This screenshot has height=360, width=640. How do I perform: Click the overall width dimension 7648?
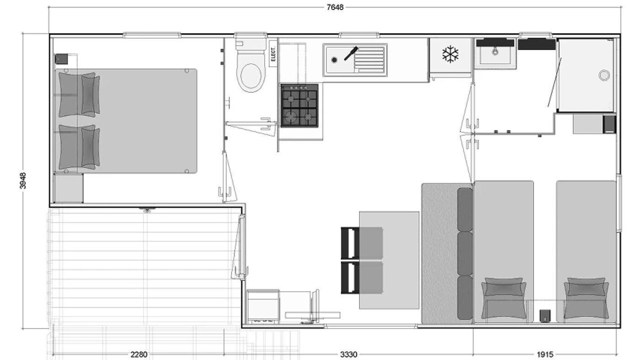tap(335, 7)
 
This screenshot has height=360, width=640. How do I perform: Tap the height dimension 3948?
tap(23, 180)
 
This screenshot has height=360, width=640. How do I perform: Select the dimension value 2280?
tap(139, 354)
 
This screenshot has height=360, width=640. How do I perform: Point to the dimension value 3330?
tap(348, 354)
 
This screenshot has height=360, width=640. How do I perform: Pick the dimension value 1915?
tap(545, 354)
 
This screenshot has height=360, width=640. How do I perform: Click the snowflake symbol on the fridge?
tap(450, 54)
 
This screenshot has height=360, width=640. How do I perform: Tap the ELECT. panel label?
tap(273, 53)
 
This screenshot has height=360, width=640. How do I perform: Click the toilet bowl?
tap(250, 75)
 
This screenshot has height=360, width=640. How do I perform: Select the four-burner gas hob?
tap(299, 105)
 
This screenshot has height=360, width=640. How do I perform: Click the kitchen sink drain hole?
tap(334, 60)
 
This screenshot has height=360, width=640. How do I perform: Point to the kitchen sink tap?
tap(351, 53)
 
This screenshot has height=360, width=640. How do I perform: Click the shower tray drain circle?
tap(604, 75)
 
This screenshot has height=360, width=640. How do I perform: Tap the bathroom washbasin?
tap(495, 53)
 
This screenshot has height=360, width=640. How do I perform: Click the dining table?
tap(389, 260)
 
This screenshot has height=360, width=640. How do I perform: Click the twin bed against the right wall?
tap(586, 251)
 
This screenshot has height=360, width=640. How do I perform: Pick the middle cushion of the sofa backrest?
tap(465, 253)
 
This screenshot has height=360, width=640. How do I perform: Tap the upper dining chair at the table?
tap(361, 243)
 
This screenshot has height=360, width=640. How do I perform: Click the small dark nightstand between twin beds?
tap(545, 315)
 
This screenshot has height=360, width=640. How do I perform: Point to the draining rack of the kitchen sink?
tap(369, 59)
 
